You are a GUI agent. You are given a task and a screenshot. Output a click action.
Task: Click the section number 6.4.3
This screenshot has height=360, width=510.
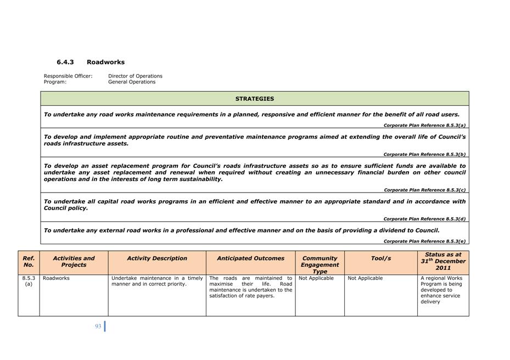65,62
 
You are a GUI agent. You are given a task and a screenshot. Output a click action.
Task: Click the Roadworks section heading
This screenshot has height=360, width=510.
105,62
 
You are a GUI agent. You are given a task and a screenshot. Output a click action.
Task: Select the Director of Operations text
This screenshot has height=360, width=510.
135,76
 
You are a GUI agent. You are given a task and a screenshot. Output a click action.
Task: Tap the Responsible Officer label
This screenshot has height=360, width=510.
68,76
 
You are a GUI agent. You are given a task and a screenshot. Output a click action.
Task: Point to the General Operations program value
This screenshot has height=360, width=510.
132,82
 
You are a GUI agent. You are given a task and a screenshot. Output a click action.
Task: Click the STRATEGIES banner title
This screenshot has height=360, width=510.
255,99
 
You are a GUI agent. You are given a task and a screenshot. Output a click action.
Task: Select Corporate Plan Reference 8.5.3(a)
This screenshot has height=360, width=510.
424,126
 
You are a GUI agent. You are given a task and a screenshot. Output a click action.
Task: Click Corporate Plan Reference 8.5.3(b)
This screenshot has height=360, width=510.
424,155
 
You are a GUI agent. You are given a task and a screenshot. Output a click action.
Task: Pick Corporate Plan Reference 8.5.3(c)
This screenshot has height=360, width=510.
424,190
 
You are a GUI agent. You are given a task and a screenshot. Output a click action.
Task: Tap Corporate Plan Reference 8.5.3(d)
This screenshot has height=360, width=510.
424,219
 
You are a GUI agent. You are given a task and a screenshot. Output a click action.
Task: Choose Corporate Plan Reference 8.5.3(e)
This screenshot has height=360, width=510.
424,241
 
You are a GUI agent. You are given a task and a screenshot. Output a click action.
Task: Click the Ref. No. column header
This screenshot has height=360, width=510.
29,261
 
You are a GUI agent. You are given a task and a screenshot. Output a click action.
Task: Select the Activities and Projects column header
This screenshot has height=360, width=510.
74,261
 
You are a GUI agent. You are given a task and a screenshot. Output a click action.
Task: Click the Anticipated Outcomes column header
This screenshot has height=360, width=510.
250,258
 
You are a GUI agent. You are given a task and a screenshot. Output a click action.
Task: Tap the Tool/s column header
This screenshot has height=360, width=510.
380,258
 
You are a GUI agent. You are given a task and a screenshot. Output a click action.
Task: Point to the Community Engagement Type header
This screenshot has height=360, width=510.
320,265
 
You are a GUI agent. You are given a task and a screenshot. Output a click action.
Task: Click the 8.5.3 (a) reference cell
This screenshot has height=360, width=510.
29,281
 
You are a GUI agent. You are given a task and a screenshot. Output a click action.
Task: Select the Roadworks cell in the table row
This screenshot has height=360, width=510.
56,278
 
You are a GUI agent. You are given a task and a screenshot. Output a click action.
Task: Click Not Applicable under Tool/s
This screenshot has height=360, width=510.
365,278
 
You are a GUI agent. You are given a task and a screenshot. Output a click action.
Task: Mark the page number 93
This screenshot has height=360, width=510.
98,327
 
